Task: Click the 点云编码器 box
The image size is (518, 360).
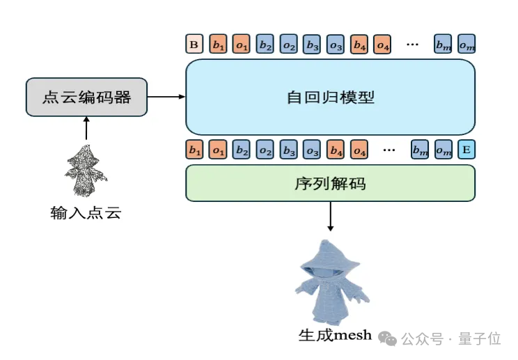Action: [x=86, y=97]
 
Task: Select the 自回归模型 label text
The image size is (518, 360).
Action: [x=330, y=97]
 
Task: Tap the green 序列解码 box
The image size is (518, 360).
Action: [x=330, y=184]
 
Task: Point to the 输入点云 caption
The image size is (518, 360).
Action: [x=86, y=212]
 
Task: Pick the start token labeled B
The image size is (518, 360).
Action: [x=194, y=45]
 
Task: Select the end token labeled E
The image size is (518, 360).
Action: [x=466, y=149]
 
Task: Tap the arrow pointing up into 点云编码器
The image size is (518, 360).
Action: [x=86, y=129]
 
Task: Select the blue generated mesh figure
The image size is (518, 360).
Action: [x=331, y=282]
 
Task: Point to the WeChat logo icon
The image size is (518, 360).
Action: [x=387, y=338]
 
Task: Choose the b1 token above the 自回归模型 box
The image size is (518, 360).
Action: [x=218, y=45]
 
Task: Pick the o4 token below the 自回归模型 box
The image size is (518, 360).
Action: [x=360, y=149]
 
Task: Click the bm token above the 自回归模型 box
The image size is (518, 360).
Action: [x=443, y=45]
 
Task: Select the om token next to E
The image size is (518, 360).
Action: [x=444, y=149]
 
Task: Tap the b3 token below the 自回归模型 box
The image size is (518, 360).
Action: [x=289, y=149]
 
